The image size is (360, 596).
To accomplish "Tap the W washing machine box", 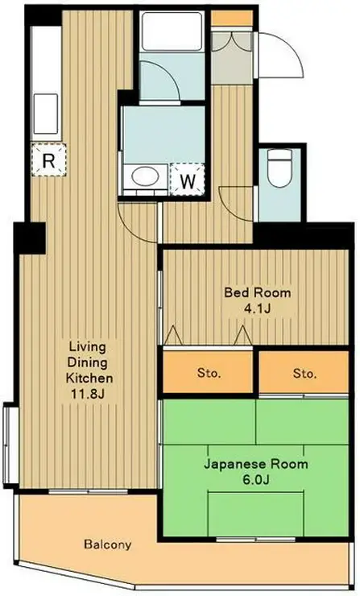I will (x=187, y=180).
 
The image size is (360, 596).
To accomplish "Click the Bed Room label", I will (x=257, y=292).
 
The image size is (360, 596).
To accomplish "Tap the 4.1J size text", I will (x=257, y=308).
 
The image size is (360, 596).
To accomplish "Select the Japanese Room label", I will (x=255, y=465).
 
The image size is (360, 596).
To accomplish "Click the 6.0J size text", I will (x=256, y=480).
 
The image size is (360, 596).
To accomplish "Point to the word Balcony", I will (x=107, y=544).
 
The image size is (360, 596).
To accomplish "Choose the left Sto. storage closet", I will (x=209, y=374).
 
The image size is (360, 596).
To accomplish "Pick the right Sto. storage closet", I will (x=304, y=374).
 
